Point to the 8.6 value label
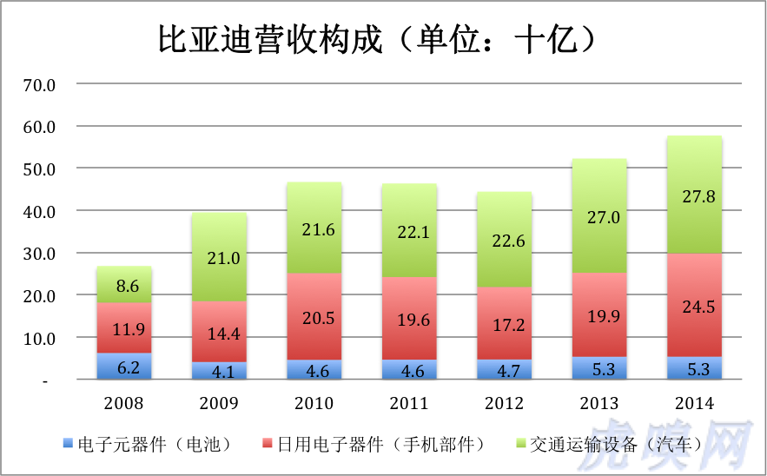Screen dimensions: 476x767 pyautogui.click(x=123, y=284)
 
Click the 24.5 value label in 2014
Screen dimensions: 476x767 pyautogui.click(x=695, y=306)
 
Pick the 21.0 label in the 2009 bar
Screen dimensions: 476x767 pyautogui.click(x=219, y=259)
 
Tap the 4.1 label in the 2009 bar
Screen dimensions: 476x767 pyautogui.click(x=219, y=371)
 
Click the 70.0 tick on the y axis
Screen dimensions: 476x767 pyautogui.click(x=40, y=85)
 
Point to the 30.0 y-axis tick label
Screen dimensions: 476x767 pyautogui.click(x=40, y=254)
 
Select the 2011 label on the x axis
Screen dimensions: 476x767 pyautogui.click(x=409, y=404)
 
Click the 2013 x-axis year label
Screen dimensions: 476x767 pyautogui.click(x=598, y=404)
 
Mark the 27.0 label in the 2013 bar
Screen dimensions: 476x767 pyautogui.click(x=599, y=217)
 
